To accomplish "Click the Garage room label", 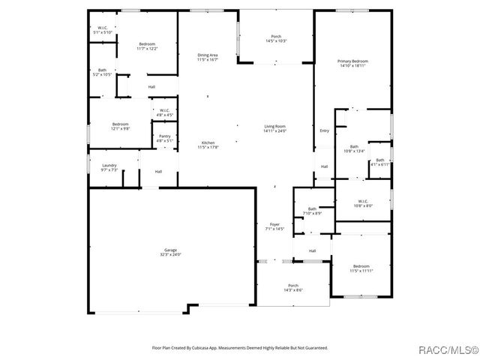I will tap(171, 253).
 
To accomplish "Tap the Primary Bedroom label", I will tap(352, 64).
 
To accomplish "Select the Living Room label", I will tap(274, 129).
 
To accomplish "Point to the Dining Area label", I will tap(208, 57).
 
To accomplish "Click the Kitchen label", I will tap(208, 145).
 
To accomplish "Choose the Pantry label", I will tap(164, 138).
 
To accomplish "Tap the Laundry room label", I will tap(109, 167).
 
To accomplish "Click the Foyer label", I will tap(274, 226).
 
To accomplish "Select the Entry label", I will tap(324, 130).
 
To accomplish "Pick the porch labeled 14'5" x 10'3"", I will tap(274, 38).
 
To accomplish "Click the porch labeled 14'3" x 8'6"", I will tap(293, 287).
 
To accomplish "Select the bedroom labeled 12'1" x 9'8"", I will tap(121, 126).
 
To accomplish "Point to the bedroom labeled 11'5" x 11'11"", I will tap(361, 268).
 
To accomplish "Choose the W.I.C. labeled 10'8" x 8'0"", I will tap(362, 202).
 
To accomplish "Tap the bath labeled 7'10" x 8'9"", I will tap(312, 211).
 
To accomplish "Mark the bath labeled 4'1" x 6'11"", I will tap(379, 162).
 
